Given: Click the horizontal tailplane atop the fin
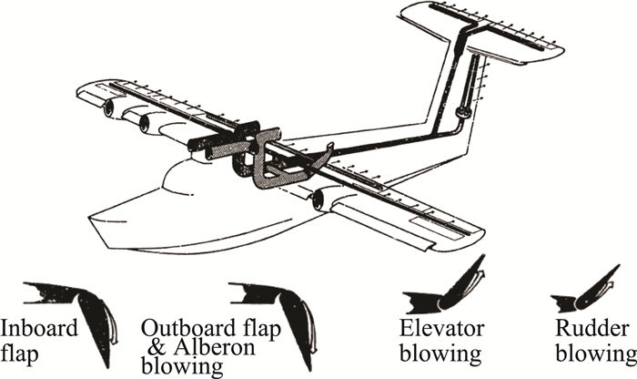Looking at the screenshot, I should point(482,32).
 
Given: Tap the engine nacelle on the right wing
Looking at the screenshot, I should point(320,201).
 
